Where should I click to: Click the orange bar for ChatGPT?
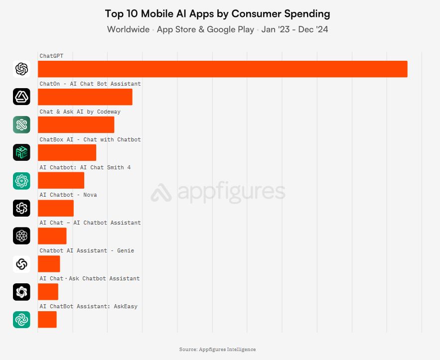(222, 69)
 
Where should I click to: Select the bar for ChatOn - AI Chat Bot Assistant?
(85, 97)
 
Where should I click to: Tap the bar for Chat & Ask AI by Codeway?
(76, 124)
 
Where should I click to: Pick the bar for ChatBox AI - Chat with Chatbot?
(67, 152)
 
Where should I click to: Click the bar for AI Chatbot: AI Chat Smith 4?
(61, 180)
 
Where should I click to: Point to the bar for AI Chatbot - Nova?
(55, 208)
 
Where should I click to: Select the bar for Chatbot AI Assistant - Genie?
(49, 264)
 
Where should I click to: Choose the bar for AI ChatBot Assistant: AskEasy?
(47, 320)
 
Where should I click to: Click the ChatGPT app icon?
(21, 69)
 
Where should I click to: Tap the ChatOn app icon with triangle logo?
(21, 97)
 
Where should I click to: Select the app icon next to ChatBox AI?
(21, 152)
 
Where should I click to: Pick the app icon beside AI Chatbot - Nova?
(21, 208)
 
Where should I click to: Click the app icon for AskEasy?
(21, 320)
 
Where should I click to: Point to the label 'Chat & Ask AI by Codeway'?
(80, 112)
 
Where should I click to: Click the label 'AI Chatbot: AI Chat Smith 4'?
(85, 167)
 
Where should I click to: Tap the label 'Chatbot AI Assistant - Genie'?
(86, 250)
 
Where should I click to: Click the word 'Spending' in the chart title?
(305, 13)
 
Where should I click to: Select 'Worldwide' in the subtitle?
(128, 29)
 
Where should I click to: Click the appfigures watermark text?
(229, 192)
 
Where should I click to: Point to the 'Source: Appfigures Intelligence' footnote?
(217, 350)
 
